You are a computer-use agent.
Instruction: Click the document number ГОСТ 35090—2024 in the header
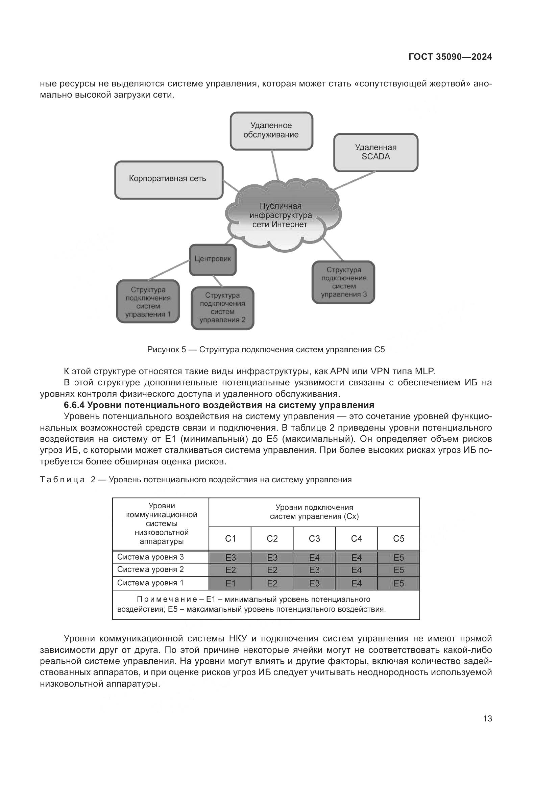[450, 57]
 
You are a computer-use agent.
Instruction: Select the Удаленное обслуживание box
[271, 131]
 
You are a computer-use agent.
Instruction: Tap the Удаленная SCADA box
[375, 152]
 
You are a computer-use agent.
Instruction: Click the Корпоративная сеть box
[169, 179]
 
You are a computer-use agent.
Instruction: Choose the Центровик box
[213, 260]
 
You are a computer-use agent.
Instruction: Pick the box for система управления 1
[148, 301]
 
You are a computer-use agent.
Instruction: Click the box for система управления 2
[222, 308]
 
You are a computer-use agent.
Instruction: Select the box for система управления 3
[343, 282]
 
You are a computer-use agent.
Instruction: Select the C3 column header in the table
[314, 538]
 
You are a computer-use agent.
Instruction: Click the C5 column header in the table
[398, 538]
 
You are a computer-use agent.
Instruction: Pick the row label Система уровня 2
[150, 569]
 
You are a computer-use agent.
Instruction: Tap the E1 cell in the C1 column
[230, 583]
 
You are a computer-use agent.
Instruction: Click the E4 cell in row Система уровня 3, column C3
[314, 557]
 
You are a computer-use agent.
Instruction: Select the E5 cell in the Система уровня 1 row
[398, 583]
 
